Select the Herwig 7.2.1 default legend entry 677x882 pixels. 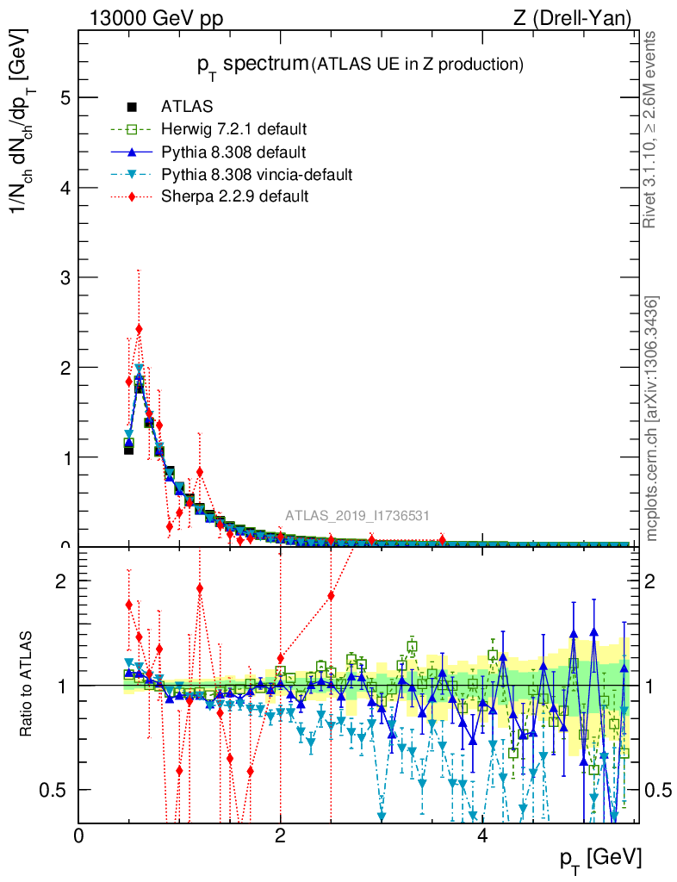233,130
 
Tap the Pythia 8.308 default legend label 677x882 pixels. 233,152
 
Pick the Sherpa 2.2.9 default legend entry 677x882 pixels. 234,197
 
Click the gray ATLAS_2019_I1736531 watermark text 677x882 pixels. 357,516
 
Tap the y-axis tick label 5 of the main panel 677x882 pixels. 64,97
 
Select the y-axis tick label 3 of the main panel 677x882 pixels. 64,277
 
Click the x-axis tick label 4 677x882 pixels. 482,835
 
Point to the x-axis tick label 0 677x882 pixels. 79,835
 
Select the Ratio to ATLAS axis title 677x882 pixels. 28,685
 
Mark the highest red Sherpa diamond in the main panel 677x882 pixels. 139,329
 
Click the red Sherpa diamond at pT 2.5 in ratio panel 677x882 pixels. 331,595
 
